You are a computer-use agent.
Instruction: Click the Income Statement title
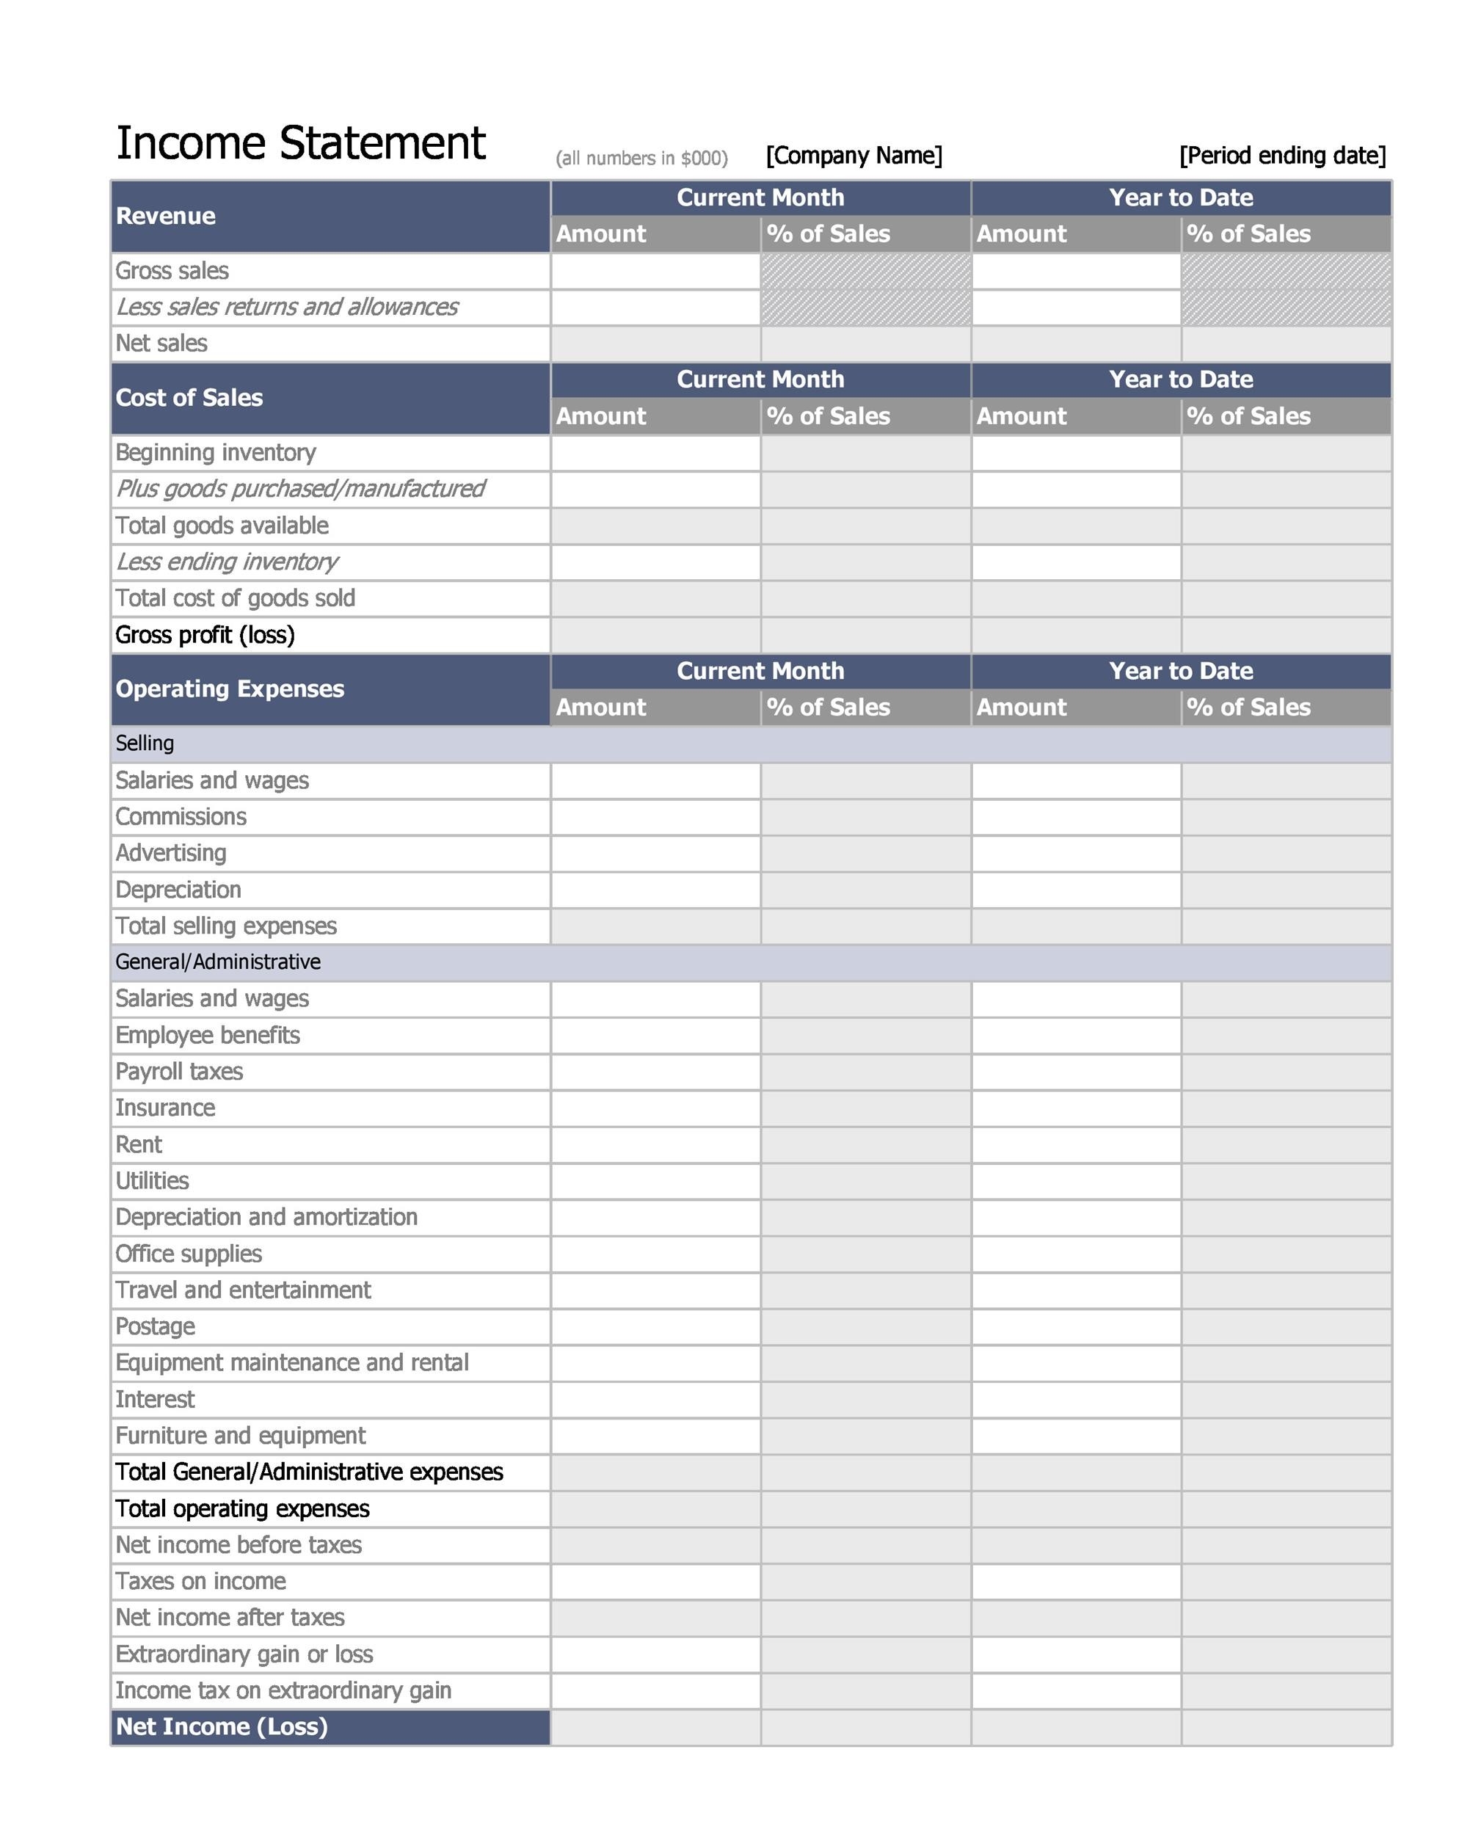pyautogui.click(x=300, y=142)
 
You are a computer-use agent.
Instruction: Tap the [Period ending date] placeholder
pyautogui.click(x=1281, y=156)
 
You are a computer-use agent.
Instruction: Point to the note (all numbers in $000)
pyautogui.click(x=641, y=159)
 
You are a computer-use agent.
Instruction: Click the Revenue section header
pyautogui.click(x=166, y=216)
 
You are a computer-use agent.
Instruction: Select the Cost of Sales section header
pyautogui.click(x=189, y=398)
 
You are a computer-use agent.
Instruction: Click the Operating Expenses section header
pyautogui.click(x=230, y=688)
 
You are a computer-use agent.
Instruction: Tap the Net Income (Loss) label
pyautogui.click(x=221, y=1726)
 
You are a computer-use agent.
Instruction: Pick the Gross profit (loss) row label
pyautogui.click(x=205, y=635)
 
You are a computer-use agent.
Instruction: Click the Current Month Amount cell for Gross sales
pyautogui.click(x=655, y=272)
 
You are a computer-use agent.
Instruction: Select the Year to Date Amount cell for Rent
pyautogui.click(x=1075, y=1144)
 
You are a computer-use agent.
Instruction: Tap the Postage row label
pyautogui.click(x=156, y=1326)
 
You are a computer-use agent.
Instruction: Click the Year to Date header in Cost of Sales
pyautogui.click(x=1180, y=379)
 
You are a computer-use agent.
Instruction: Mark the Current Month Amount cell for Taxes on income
pyautogui.click(x=655, y=1581)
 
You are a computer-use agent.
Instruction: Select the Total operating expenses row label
pyautogui.click(x=242, y=1508)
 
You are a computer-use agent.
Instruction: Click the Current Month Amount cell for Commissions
pyautogui.click(x=655, y=816)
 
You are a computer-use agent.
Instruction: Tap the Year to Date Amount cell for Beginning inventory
pyautogui.click(x=1075, y=453)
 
